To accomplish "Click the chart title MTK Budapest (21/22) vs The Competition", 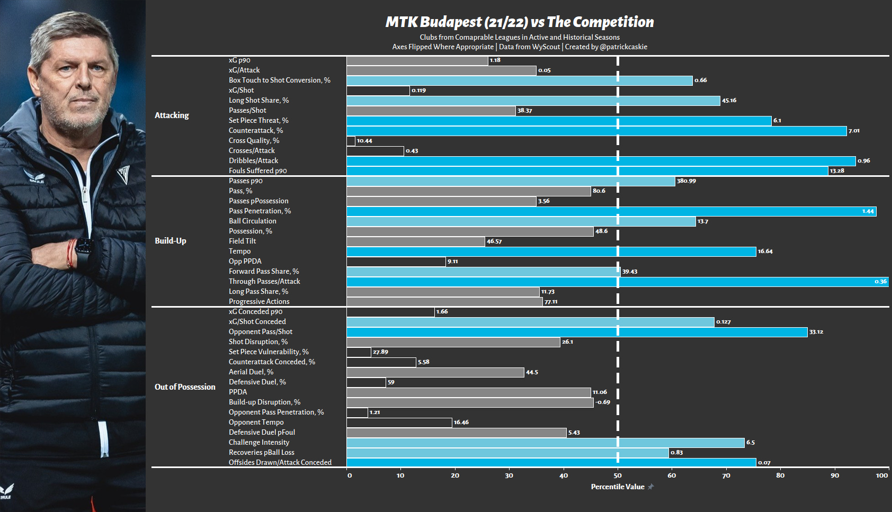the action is point(520,22).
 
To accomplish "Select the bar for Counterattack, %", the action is point(596,131).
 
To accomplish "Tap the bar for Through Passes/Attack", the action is point(618,282).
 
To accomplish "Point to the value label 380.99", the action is point(686,181).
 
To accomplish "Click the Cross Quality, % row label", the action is point(254,140).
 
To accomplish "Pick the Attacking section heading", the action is point(172,115).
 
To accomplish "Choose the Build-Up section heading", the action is point(171,241).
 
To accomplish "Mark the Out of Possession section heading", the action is point(185,387).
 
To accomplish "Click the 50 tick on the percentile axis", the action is point(618,475).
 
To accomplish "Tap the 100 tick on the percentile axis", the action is point(881,475).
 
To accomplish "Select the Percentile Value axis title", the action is point(618,487).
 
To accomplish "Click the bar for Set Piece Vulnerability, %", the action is point(359,352).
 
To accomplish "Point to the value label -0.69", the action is point(602,402).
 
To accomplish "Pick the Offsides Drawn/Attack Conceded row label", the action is point(280,463).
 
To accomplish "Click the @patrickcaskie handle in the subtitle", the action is point(623,47).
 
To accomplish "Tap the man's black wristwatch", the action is point(83,254).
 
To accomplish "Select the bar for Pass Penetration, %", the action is point(612,211).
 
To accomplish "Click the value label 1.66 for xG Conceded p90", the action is point(442,312).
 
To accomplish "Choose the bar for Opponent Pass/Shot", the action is point(577,332).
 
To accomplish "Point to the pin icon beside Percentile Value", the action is point(650,487).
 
